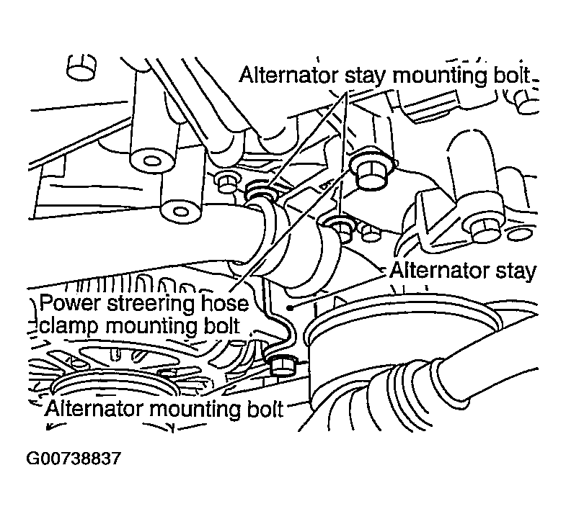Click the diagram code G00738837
[x=74, y=459]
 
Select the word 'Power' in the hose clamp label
[x=68, y=304]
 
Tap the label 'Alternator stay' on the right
[x=462, y=271]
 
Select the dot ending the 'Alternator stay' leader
[x=290, y=308]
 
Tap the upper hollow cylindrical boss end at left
[x=152, y=161]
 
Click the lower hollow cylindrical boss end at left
[x=180, y=211]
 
